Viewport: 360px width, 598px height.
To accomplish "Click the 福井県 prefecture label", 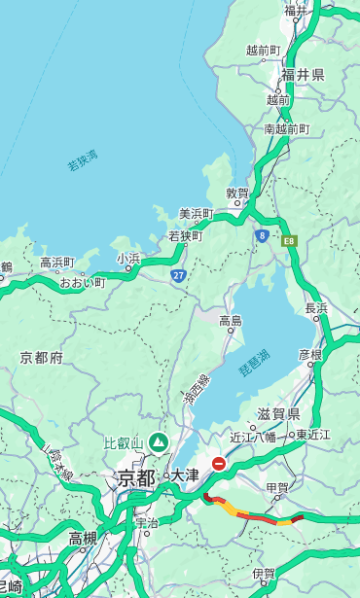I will click(303, 75).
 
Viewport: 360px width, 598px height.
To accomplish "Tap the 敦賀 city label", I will click(238, 193).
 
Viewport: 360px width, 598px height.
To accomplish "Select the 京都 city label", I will click(136, 477).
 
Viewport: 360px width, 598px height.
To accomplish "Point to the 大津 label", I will click(184, 476).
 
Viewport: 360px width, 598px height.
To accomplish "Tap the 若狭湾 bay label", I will click(83, 160).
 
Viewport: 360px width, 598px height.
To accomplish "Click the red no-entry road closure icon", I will click(220, 464).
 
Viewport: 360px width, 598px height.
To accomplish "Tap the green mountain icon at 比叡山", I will click(157, 443).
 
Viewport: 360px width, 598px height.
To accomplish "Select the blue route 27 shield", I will click(178, 275).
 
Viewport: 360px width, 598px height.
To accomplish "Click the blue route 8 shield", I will click(262, 235).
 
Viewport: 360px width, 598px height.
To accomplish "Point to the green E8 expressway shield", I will click(289, 239).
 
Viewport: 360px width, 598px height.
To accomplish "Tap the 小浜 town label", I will click(128, 259).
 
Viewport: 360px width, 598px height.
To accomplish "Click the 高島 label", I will click(231, 320).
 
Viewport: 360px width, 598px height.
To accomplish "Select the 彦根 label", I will click(309, 354).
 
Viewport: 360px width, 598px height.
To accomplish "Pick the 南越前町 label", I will click(286, 128).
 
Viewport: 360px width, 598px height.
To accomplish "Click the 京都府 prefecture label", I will click(42, 358).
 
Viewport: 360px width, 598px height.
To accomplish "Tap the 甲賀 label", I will click(277, 487).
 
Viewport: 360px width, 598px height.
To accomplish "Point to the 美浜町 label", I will click(196, 214).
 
